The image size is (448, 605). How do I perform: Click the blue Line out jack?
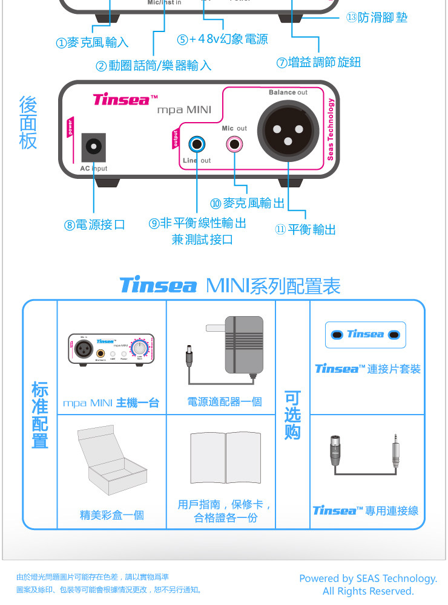197,144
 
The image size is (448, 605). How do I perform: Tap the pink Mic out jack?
234,144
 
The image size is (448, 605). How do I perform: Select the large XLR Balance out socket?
288,131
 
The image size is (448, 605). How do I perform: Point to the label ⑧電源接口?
95,225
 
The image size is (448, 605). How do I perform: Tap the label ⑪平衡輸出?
306,230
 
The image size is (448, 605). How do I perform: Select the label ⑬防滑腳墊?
377,18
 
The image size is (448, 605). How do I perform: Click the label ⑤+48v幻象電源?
222,40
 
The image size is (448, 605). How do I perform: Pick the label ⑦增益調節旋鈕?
318,62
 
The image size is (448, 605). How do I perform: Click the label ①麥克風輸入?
92,43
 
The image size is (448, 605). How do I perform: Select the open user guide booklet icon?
225,458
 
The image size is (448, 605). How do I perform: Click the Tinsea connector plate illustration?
365,335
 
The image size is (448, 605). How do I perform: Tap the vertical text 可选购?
292,415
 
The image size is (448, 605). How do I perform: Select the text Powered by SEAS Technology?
368,578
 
